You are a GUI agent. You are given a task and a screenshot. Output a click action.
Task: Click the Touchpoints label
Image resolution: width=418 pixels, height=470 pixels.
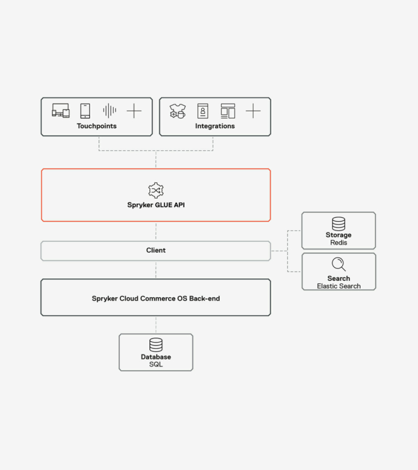coord(96,126)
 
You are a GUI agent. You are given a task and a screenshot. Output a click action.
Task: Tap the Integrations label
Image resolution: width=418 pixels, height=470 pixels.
coord(215,126)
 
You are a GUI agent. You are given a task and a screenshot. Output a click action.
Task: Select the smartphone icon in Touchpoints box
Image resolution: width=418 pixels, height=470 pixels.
coord(85,111)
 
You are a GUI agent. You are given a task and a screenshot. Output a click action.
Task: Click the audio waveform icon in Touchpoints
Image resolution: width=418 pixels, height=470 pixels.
coord(109,111)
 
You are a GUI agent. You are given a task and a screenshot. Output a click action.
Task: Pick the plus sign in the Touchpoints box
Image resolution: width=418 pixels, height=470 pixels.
coord(134,111)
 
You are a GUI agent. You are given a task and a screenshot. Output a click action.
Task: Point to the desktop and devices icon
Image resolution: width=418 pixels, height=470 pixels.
coord(61,111)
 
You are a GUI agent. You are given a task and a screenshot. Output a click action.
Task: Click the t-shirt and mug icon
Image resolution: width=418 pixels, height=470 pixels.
coord(177,111)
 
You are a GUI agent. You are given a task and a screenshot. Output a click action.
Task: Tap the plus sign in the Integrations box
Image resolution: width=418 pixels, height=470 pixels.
coord(253,111)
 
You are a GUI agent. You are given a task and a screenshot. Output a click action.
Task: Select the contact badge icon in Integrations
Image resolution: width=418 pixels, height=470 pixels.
coord(203,111)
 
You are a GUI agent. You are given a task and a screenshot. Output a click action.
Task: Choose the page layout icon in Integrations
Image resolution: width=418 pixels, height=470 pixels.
coord(228,111)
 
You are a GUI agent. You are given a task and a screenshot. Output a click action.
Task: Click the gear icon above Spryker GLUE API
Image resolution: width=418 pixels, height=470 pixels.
coord(156,190)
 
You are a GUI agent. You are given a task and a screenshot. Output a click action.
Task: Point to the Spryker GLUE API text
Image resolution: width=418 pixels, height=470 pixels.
coord(156,205)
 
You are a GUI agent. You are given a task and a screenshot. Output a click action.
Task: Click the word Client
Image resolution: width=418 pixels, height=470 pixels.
coord(156,251)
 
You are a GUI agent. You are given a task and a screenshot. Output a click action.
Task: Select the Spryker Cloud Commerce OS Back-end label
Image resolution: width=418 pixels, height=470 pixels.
coord(156,298)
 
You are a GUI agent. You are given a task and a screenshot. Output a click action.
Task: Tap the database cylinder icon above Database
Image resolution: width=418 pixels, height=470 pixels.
coord(156,345)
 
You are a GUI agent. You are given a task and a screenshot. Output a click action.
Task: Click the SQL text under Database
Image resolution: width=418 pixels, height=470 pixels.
coord(156,364)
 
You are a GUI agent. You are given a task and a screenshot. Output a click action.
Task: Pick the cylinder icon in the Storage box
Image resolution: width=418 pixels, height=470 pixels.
coord(339,224)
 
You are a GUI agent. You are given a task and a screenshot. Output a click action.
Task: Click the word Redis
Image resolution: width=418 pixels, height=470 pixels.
coord(339,242)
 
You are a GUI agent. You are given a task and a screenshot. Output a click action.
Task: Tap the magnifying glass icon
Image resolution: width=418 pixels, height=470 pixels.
coord(339,264)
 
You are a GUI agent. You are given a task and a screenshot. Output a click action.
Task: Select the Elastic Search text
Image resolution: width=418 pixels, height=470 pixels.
coord(339,286)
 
